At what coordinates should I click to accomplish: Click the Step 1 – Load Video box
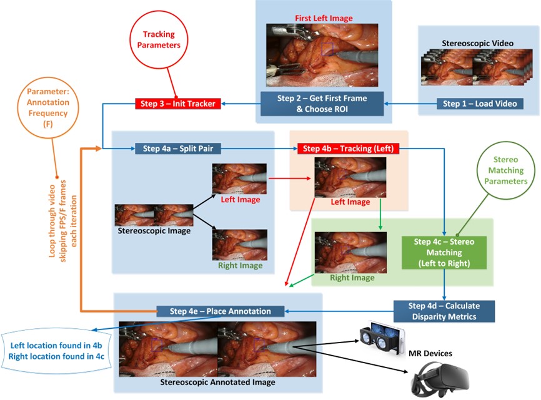click(x=480, y=104)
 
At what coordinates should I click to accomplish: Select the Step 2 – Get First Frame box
click(x=322, y=104)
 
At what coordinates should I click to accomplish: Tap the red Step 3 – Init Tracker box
click(x=177, y=104)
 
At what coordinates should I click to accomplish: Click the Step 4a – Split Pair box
click(x=177, y=149)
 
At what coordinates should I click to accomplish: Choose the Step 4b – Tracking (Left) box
click(x=348, y=149)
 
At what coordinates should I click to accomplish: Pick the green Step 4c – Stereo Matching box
click(x=444, y=253)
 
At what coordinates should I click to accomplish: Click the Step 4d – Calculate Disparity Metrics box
click(x=444, y=311)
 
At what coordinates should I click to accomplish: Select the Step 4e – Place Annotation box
click(x=221, y=311)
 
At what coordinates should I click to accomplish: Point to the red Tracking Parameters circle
click(x=159, y=39)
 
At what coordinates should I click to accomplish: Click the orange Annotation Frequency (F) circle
click(x=48, y=108)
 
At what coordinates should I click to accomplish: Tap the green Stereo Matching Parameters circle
click(x=506, y=170)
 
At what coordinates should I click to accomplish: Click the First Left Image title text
click(x=324, y=18)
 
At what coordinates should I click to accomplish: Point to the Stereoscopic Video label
click(x=477, y=43)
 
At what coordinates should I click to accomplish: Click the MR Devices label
click(x=430, y=353)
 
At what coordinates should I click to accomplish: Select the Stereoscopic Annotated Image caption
click(x=217, y=382)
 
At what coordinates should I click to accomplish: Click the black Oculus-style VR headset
click(x=440, y=379)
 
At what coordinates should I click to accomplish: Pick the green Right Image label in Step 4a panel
click(x=240, y=265)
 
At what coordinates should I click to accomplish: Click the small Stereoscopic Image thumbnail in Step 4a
click(x=154, y=215)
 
